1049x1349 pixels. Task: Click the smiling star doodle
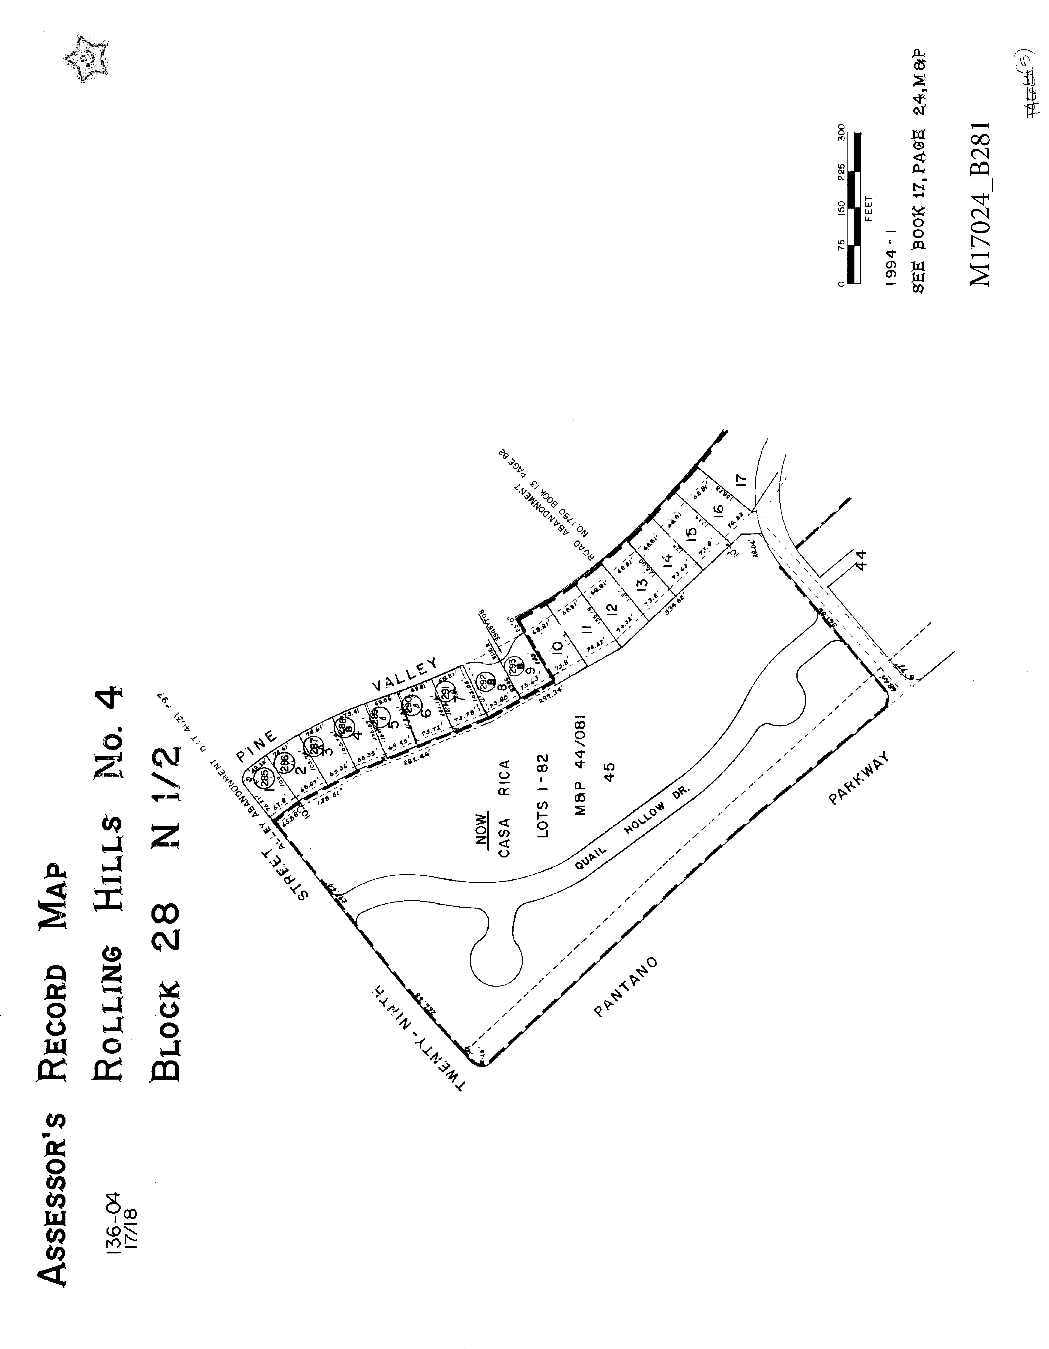coord(88,59)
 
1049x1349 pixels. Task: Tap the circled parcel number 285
coord(264,775)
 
